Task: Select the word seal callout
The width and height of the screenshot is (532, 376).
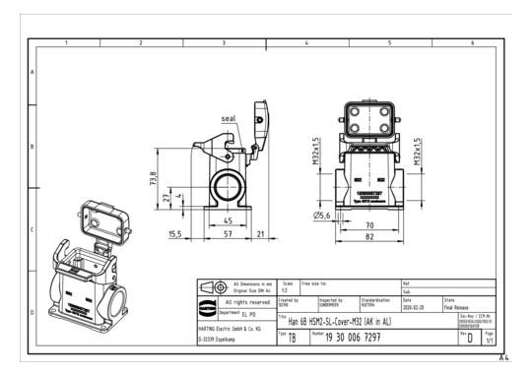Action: tap(228, 118)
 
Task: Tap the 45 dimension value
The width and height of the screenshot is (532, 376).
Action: tap(228, 220)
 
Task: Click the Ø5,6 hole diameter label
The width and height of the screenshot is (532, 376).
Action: tap(321, 215)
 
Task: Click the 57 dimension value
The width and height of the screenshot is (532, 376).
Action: tap(228, 235)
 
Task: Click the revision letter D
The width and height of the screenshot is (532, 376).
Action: tap(470, 339)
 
